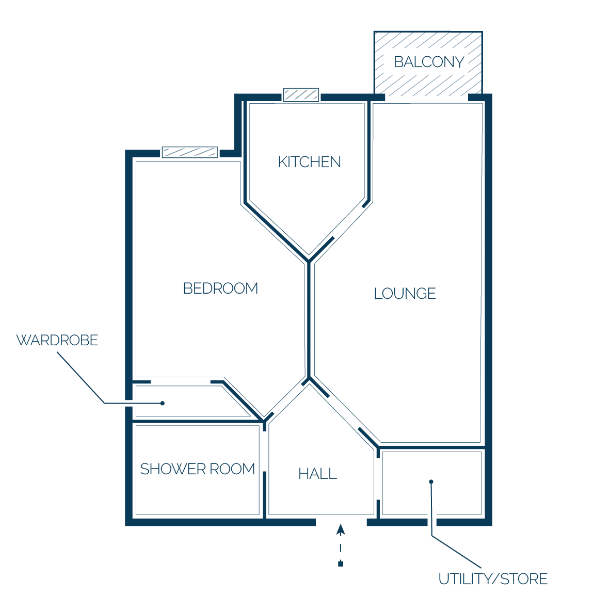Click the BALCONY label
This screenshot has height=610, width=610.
[x=429, y=62]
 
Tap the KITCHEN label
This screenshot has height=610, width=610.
[x=309, y=162]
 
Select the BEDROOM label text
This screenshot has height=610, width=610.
[x=220, y=288]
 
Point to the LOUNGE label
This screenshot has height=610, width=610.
[x=405, y=293]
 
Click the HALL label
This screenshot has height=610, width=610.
[x=317, y=473]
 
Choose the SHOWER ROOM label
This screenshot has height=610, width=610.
[x=197, y=469]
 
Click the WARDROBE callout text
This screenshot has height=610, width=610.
[x=57, y=340]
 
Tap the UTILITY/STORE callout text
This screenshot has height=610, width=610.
[x=493, y=579]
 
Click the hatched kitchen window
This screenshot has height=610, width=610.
[x=301, y=94]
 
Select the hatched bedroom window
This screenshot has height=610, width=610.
[x=189, y=152]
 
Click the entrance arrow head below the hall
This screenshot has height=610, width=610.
[x=341, y=529]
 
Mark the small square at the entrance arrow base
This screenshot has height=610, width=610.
[x=341, y=564]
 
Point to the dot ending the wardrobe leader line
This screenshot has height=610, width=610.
[x=163, y=403]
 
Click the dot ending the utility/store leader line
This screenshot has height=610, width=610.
[x=431, y=481]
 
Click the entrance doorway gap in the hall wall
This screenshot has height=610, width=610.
[x=341, y=522]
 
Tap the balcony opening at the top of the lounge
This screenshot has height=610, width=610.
[x=426, y=98]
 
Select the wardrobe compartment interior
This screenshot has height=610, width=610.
[x=187, y=401]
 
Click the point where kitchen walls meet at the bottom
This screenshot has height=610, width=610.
[x=309, y=260]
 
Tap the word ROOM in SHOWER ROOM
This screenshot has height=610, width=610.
[x=232, y=469]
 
